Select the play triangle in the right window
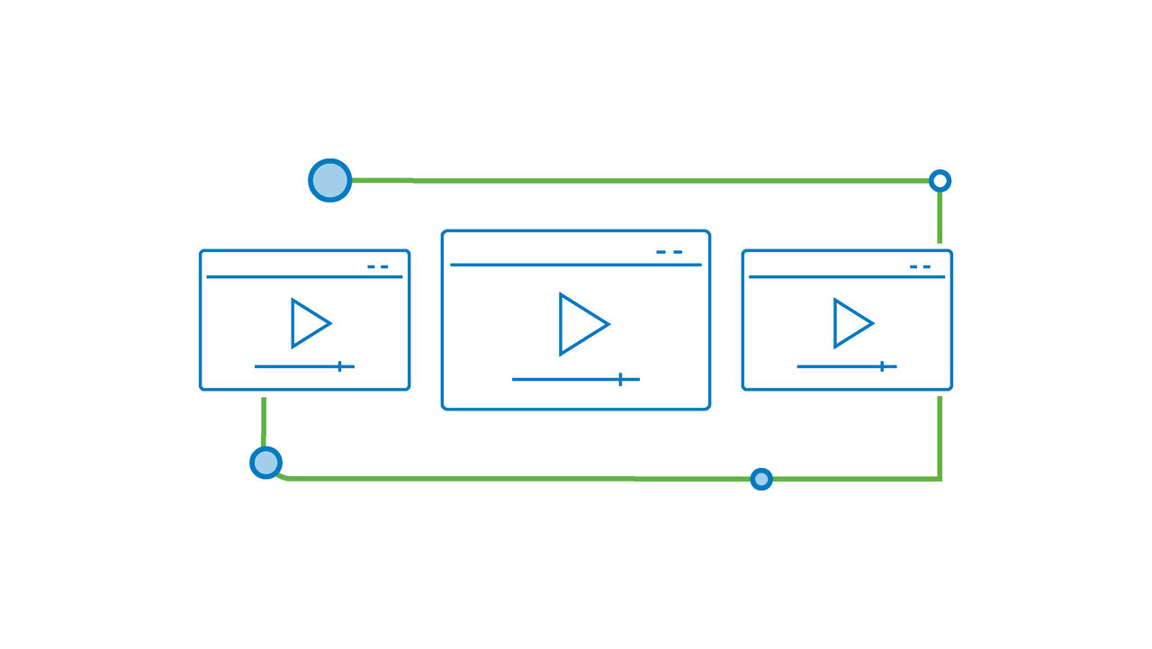tap(850, 323)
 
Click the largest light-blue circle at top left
tap(330, 180)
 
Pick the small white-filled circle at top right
tap(940, 181)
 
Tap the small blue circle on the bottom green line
tap(761, 479)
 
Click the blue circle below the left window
tap(265, 463)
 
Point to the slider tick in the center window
tap(620, 379)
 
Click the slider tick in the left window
tap(339, 365)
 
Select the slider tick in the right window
tap(882, 365)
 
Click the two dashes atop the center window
tap(670, 252)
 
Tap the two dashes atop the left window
tap(378, 266)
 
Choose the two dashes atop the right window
tap(920, 266)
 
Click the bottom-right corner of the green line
tap(940, 478)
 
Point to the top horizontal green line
tap(630, 181)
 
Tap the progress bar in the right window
tap(837, 366)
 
